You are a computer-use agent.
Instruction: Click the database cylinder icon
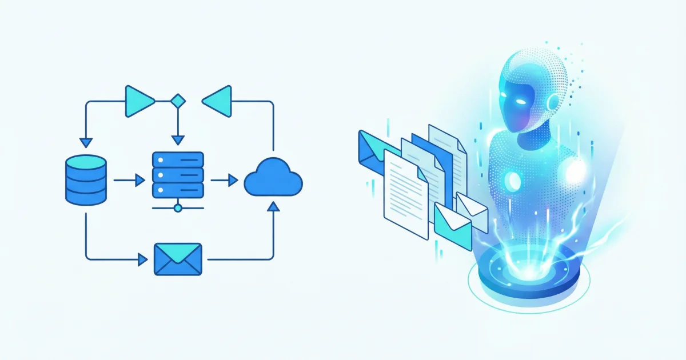coord(86,180)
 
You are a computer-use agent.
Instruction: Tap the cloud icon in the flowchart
coord(273,178)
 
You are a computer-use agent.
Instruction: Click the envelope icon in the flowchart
coord(178,259)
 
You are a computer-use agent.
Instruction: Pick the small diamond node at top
coord(178,101)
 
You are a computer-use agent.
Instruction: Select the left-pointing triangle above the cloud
coord(218,101)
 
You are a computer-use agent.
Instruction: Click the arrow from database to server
coord(129,181)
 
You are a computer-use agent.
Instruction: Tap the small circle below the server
coord(178,207)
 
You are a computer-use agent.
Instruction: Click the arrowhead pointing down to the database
coord(86,142)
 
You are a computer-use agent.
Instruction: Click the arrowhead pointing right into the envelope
coord(143,259)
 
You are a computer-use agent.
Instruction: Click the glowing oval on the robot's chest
coord(514,181)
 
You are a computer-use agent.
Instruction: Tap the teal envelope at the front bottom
coord(452,227)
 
